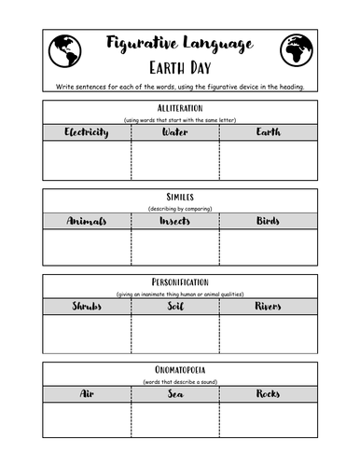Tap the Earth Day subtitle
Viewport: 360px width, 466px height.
[x=179, y=69]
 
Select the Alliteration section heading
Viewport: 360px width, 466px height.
[x=179, y=109]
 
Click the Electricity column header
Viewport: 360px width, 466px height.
[x=87, y=132]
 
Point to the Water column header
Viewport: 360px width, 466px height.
[x=175, y=132]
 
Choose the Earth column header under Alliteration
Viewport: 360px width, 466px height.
[x=268, y=132]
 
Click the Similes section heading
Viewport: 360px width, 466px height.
[x=179, y=198]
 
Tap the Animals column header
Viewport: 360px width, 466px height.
[x=87, y=221]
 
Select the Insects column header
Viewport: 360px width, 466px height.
[x=175, y=221]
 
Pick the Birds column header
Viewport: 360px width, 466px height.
[x=268, y=221]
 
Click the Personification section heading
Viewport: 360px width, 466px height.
[x=179, y=282]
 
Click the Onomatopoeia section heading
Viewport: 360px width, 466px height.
[x=179, y=371]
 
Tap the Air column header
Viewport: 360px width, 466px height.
[x=87, y=394]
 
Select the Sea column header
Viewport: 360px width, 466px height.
[x=175, y=394]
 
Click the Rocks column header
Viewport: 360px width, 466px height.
[x=268, y=394]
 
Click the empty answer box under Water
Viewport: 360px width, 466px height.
[x=175, y=160]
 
